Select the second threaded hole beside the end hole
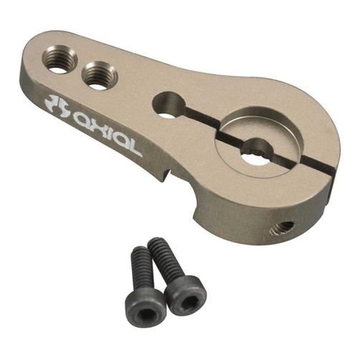[x=99, y=76]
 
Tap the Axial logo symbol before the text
[x=57, y=106]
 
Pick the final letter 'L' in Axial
[x=134, y=148]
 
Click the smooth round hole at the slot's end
[x=169, y=105]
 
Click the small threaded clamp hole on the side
[x=282, y=228]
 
